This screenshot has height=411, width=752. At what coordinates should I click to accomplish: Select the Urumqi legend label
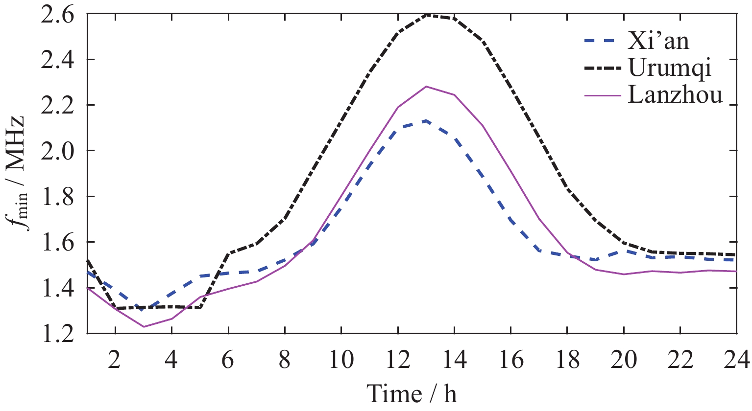pyautogui.click(x=670, y=69)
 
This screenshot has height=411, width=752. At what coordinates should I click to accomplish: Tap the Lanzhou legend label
pyautogui.click(x=675, y=94)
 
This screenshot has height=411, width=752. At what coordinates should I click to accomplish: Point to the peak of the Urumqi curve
pyautogui.click(x=426, y=15)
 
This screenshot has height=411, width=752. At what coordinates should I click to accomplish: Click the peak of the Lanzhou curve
pyautogui.click(x=426, y=87)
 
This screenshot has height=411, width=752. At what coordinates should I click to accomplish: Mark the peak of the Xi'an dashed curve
pyautogui.click(x=426, y=120)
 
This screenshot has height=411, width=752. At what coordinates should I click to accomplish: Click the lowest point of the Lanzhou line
pyautogui.click(x=144, y=326)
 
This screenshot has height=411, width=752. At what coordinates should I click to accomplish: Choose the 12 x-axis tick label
pyautogui.click(x=397, y=361)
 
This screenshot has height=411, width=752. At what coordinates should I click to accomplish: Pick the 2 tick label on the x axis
pyautogui.click(x=115, y=361)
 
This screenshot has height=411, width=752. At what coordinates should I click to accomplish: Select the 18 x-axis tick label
pyautogui.click(x=567, y=361)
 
